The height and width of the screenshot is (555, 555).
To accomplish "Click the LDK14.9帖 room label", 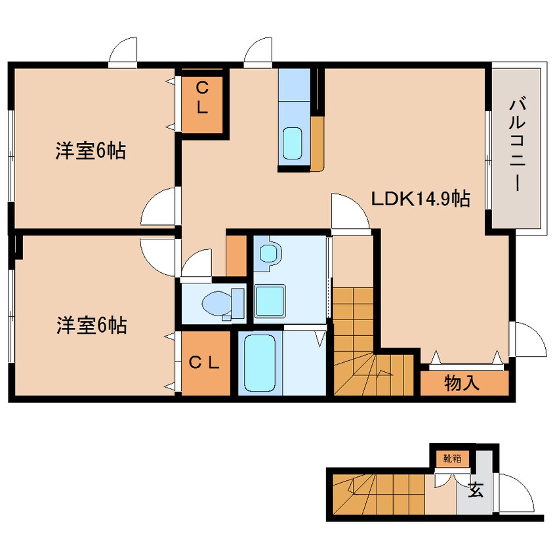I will point(420,199).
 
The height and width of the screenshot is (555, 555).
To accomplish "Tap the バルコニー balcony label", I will point(518,144).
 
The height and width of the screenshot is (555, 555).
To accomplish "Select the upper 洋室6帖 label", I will point(90,152).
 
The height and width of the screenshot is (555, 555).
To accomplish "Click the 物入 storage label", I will point(462,382).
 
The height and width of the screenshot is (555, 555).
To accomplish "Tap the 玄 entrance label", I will point(477,489).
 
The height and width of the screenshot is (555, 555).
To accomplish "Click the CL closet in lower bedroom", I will point(204,361).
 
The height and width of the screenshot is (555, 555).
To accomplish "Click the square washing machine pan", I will point(270,302).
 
